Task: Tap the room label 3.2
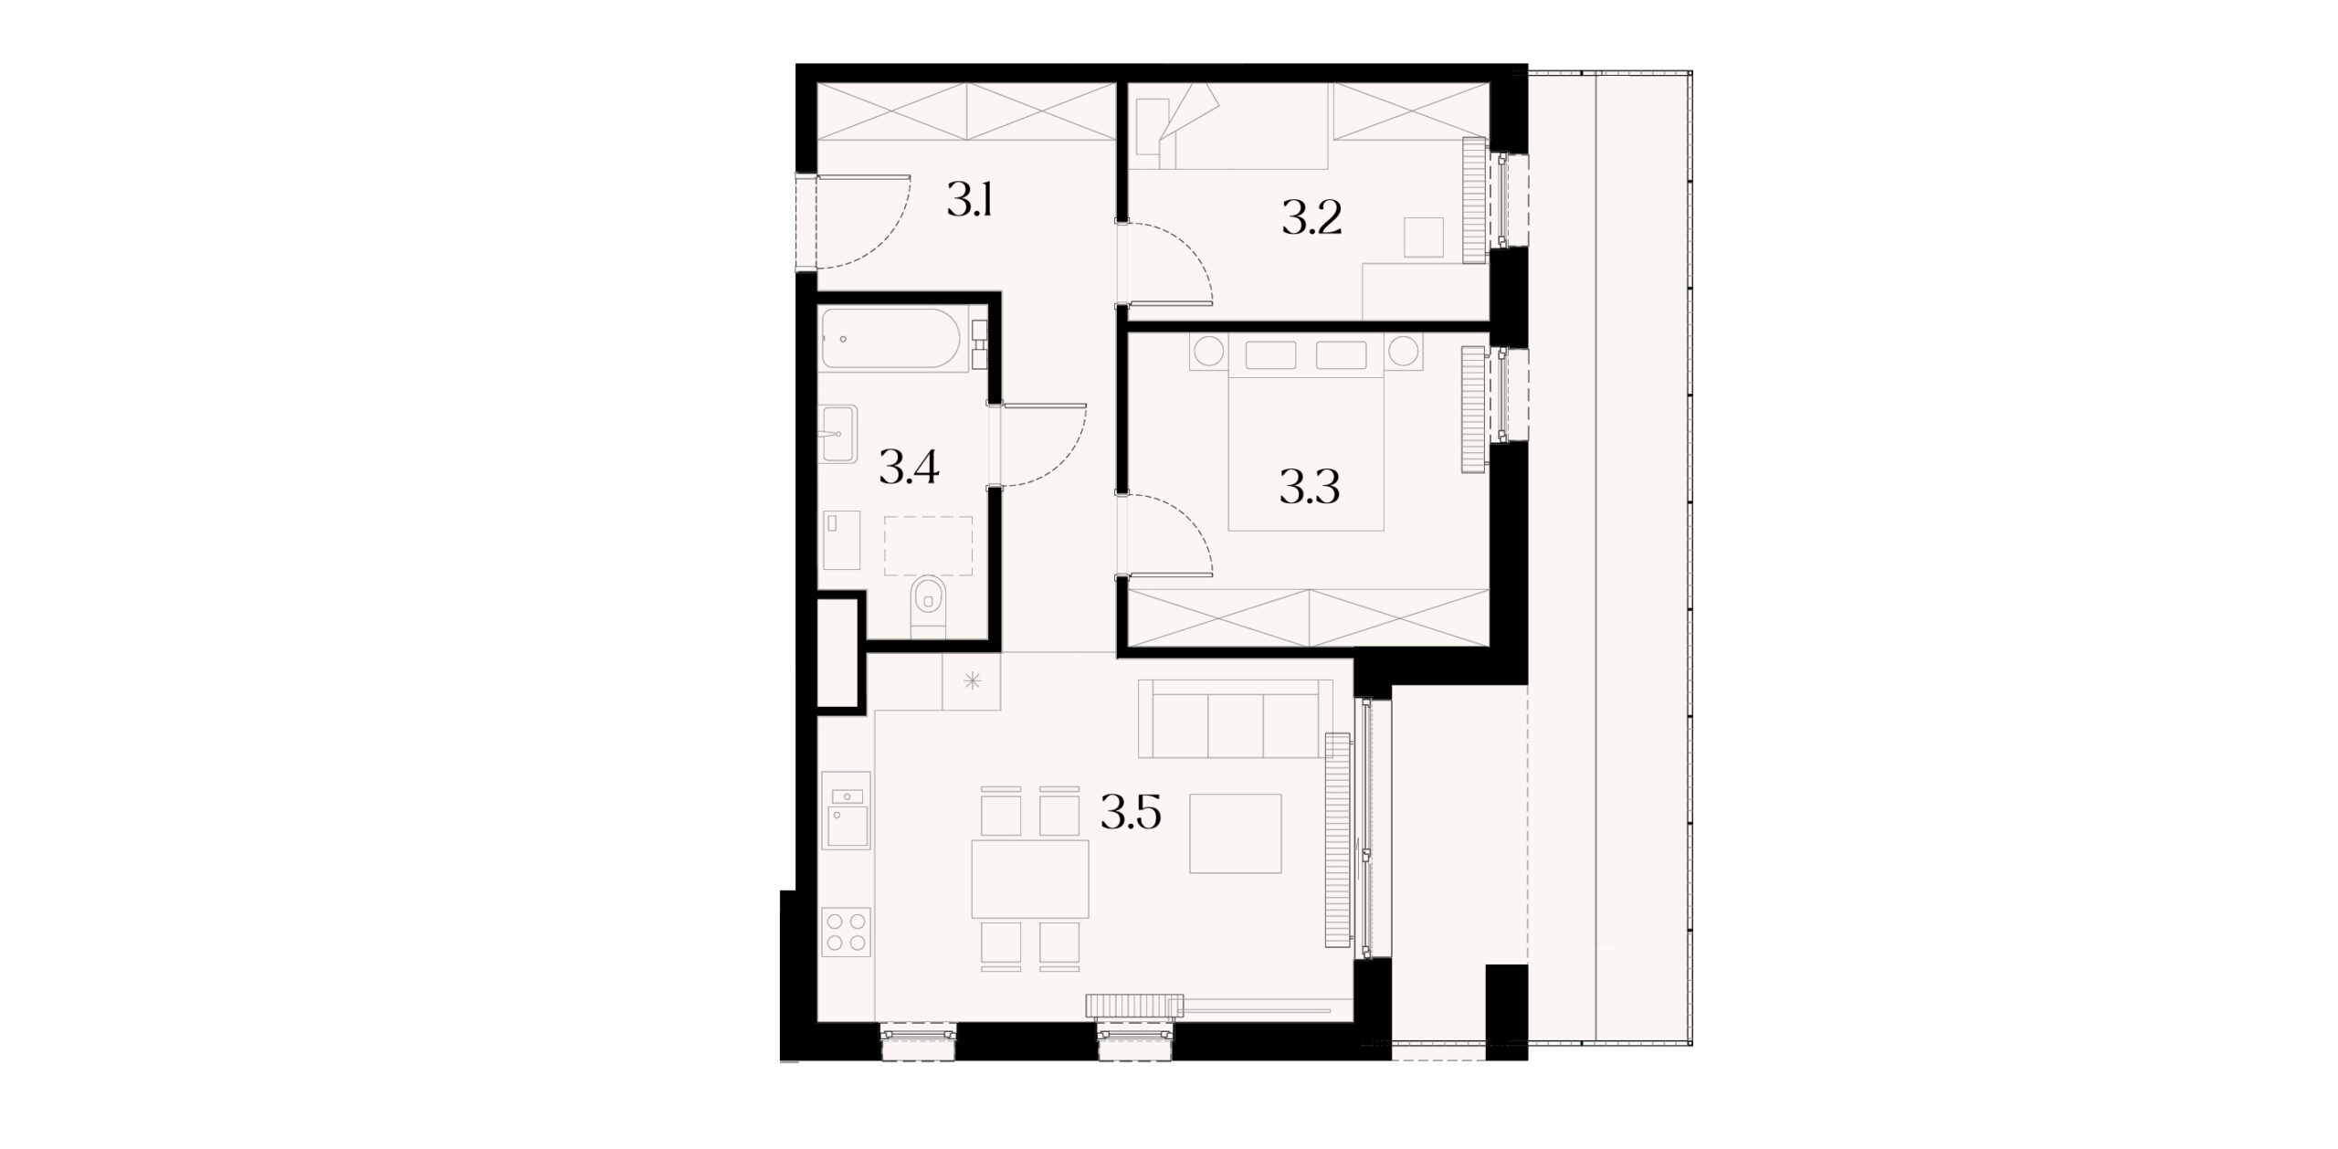(1311, 219)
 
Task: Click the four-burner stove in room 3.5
(206, 931)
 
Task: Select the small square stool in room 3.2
(1423, 237)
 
